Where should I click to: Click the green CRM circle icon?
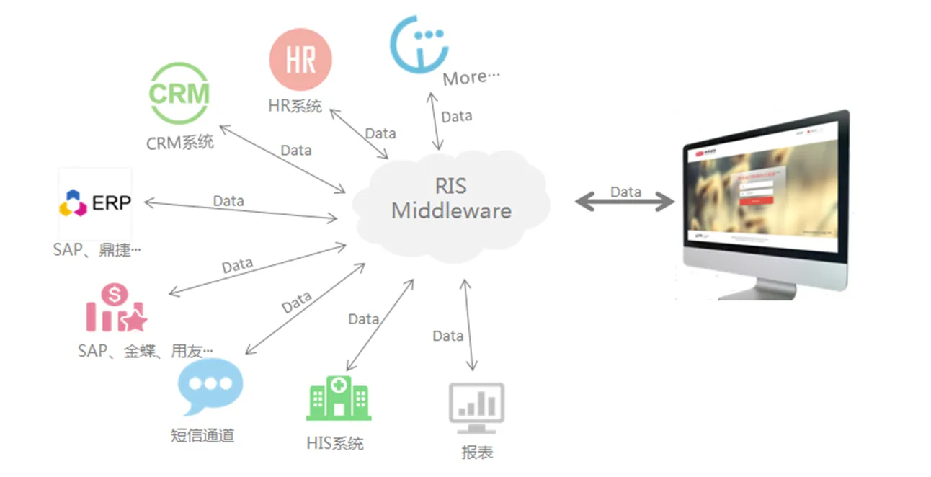(x=179, y=94)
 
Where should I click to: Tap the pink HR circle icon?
(x=300, y=60)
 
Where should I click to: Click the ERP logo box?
(x=95, y=203)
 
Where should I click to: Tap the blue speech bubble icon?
(x=210, y=385)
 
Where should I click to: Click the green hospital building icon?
(x=338, y=398)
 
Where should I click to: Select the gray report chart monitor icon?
(x=476, y=409)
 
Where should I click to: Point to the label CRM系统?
(x=180, y=142)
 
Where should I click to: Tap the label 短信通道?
(x=202, y=434)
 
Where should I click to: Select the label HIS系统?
(x=335, y=443)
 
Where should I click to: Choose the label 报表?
(x=477, y=453)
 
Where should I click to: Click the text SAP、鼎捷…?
(x=97, y=250)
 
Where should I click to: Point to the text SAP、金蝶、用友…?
(x=145, y=351)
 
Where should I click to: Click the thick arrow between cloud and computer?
(x=624, y=202)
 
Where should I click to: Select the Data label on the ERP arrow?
(x=228, y=201)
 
